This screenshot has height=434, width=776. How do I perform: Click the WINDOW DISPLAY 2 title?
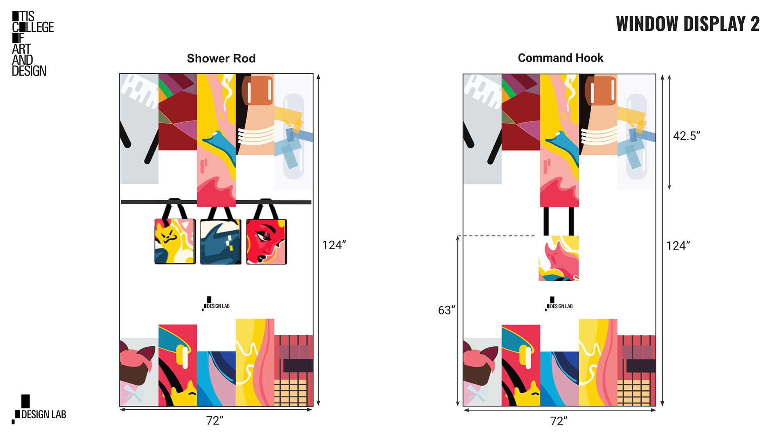click(687, 24)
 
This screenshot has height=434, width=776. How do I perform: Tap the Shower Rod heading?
click(221, 59)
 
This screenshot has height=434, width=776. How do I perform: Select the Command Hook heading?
click(561, 58)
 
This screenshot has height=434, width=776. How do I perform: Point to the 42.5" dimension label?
click(686, 136)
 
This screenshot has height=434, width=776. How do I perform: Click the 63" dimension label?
click(446, 310)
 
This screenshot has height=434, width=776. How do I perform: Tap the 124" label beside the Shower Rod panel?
click(334, 245)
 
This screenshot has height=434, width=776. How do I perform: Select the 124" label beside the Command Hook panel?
click(678, 246)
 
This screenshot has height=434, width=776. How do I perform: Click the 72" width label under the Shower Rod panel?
click(215, 421)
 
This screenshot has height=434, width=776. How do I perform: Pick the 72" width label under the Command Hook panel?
click(559, 421)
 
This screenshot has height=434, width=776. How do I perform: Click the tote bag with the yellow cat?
click(175, 241)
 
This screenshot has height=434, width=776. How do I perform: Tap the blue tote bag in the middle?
click(221, 242)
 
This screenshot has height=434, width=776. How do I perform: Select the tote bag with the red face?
click(266, 241)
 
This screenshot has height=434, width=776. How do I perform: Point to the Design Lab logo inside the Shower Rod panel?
click(216, 304)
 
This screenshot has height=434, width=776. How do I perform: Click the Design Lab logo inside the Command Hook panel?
click(559, 304)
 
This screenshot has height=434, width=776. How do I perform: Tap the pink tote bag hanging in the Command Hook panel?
click(559, 258)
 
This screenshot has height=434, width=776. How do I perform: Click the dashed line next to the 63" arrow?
click(497, 236)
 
